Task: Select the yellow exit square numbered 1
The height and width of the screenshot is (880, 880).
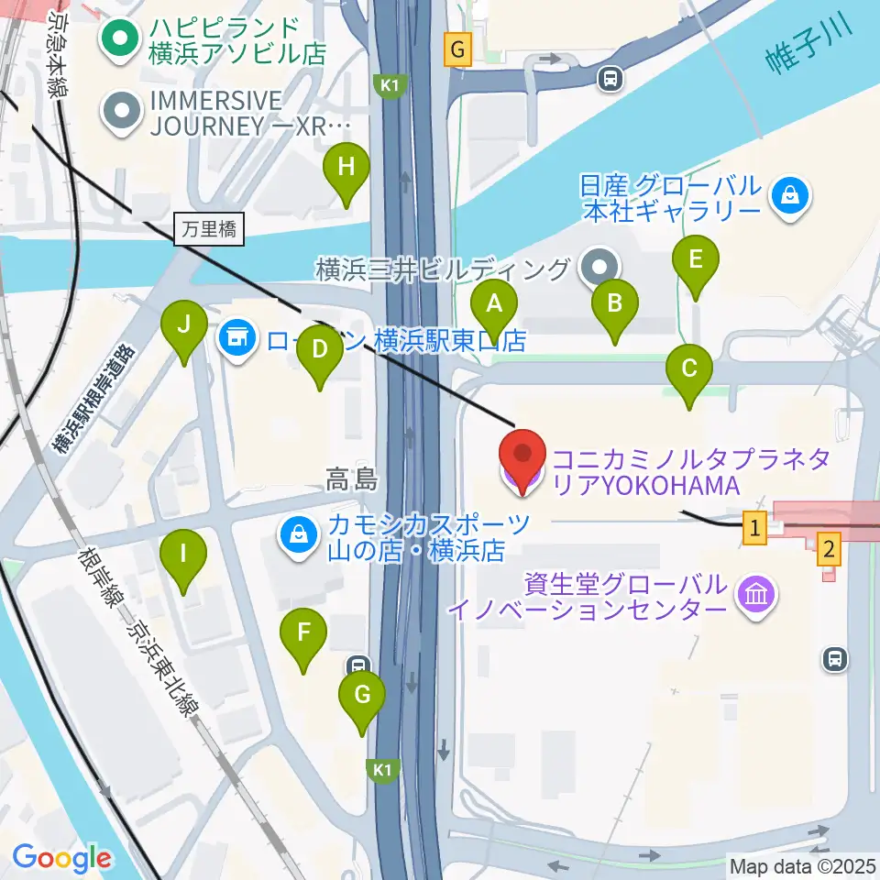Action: tap(754, 527)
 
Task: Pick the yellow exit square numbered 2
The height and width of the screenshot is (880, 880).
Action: tap(829, 549)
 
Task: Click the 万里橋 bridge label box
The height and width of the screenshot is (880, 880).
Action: tap(209, 229)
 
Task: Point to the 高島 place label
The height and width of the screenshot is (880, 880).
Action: tap(352, 478)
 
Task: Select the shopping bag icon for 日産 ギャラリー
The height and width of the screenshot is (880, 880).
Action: tap(787, 195)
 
